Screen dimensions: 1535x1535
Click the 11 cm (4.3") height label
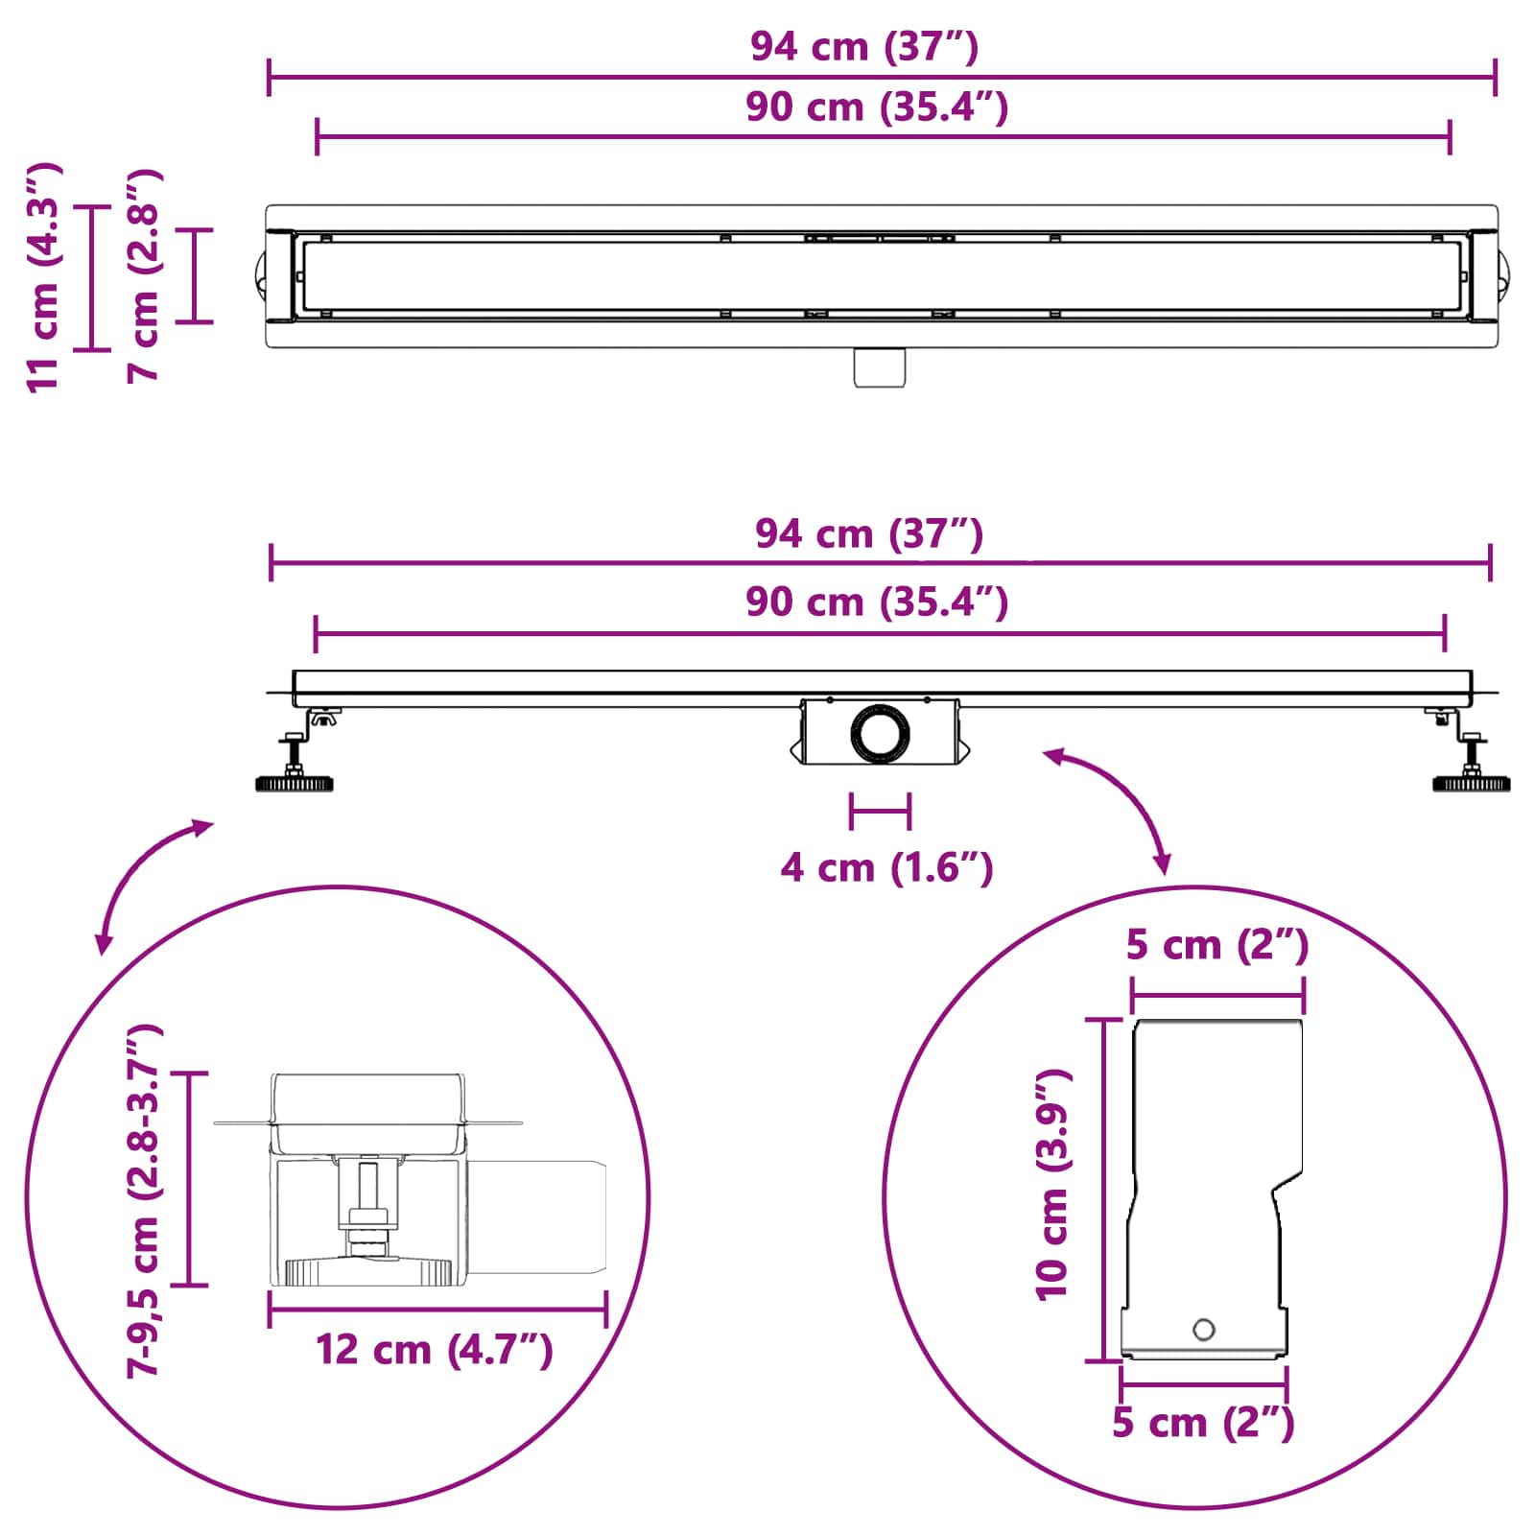(44, 277)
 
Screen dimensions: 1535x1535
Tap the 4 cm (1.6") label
(886, 868)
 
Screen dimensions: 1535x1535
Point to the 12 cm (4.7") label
(434, 1350)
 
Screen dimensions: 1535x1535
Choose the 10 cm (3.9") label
(1052, 1186)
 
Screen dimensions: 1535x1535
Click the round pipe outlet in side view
(879, 734)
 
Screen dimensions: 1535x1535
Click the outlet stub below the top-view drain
(880, 367)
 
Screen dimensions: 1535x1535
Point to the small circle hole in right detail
(1203, 1330)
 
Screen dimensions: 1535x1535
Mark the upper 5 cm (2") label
(1216, 945)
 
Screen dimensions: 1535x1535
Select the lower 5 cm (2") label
(1203, 1423)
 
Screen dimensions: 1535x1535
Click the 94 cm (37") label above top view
(863, 46)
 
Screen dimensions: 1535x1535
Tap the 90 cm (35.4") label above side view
(877, 602)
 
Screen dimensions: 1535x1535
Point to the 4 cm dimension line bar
(880, 812)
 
